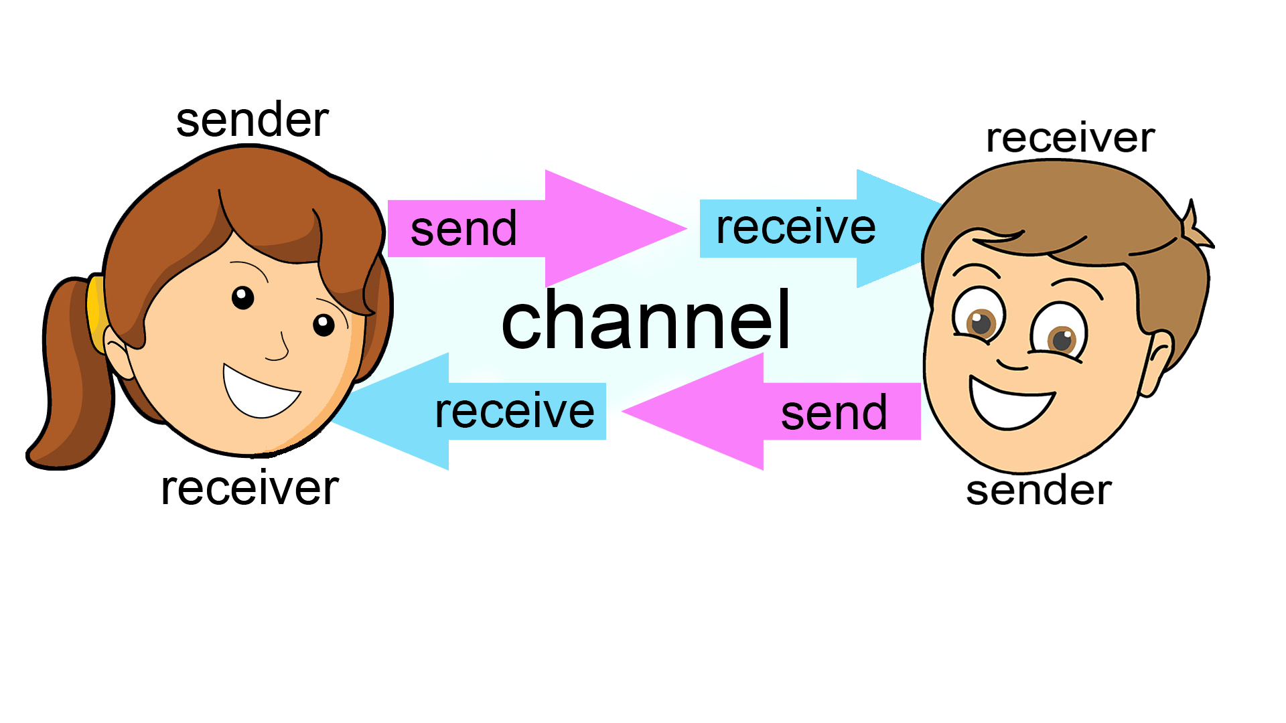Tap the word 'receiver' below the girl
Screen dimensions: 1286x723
250,488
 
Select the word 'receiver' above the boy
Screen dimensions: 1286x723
1070,138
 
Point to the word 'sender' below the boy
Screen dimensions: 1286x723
1039,490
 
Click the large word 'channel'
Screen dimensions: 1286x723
646,321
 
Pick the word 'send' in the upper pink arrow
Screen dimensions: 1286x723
463,229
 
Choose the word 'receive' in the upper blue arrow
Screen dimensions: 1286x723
796,228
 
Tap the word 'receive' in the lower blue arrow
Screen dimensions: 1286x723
514,411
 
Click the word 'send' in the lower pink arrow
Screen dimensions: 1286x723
835,413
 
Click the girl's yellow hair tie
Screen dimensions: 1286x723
95,311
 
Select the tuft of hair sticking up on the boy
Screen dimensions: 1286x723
1196,228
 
